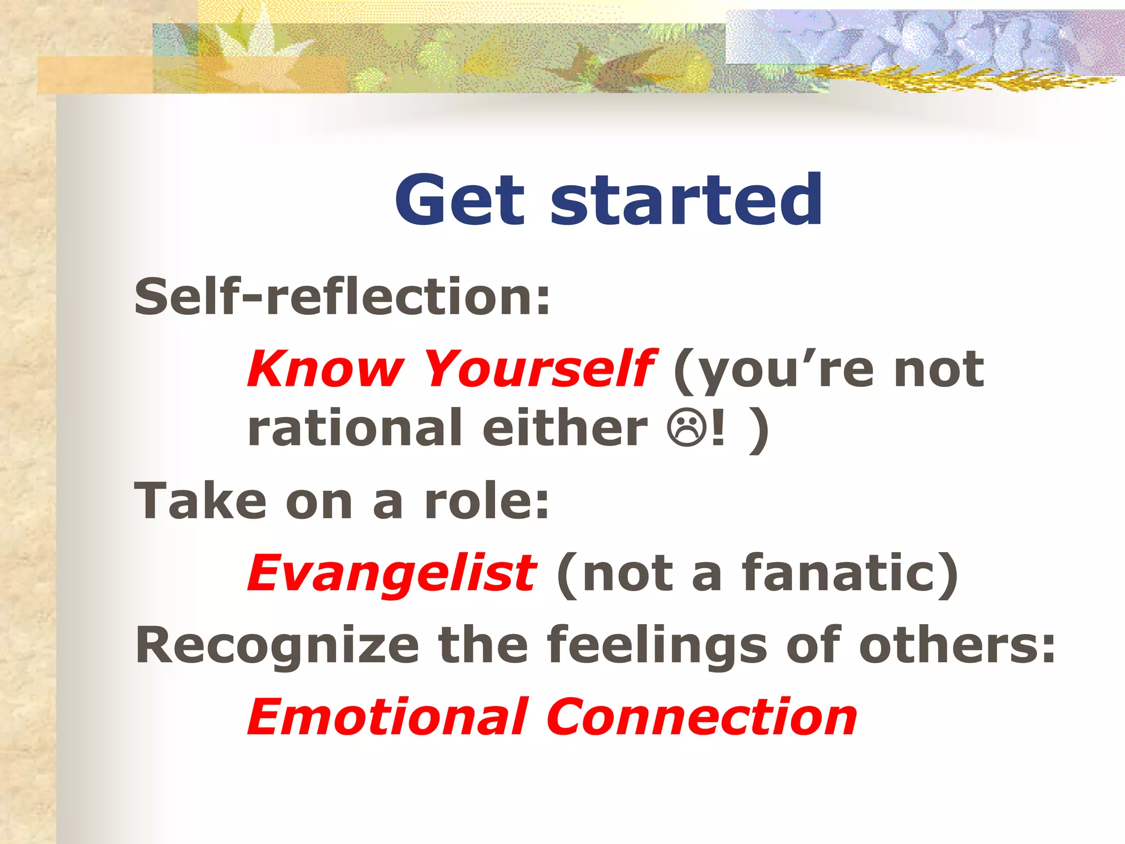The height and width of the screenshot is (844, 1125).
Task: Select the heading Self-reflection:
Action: [x=342, y=297]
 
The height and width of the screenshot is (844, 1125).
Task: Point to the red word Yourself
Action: [x=539, y=369]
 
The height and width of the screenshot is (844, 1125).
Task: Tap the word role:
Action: [x=487, y=501]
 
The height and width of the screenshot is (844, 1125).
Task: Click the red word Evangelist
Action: [x=392, y=573]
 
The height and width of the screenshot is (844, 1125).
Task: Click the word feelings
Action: [x=656, y=646]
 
